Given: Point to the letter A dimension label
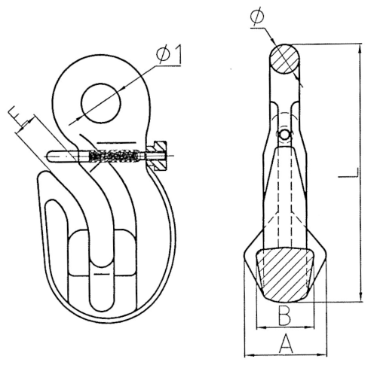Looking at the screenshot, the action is click(x=286, y=343).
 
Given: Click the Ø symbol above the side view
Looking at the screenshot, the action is click(x=257, y=16).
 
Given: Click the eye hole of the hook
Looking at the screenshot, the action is click(x=101, y=103).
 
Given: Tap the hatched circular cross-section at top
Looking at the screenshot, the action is click(x=284, y=59).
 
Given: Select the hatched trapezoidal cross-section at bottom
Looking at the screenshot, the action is click(x=285, y=274).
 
